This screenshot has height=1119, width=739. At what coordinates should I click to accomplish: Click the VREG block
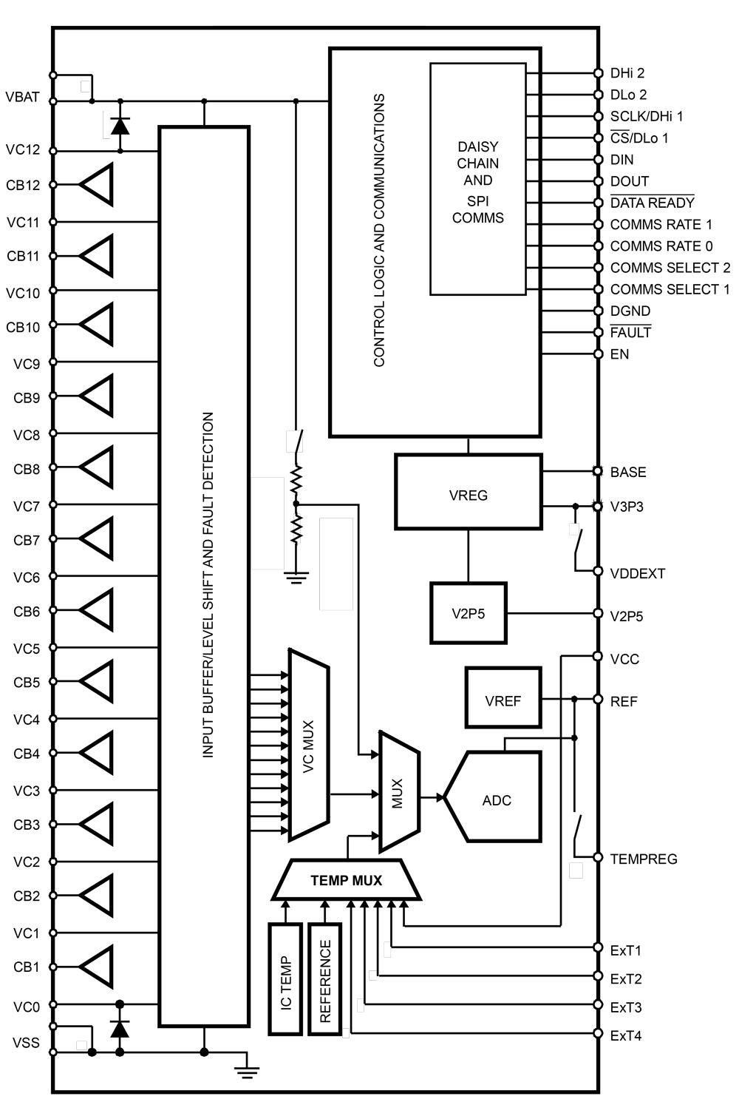tap(468, 495)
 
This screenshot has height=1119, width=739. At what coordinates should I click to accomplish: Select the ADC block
tap(497, 799)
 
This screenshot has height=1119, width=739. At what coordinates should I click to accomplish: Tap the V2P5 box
tap(469, 613)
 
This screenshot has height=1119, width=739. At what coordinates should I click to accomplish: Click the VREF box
tap(503, 700)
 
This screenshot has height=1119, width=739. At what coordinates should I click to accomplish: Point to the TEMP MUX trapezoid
tap(347, 880)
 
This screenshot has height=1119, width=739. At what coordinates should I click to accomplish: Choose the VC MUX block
tap(309, 746)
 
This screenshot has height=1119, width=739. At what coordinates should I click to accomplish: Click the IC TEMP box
tap(286, 978)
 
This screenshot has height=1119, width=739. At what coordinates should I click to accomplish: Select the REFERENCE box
tap(325, 978)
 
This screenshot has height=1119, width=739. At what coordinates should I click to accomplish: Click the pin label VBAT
tap(22, 97)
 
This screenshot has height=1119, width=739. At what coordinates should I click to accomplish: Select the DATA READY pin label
tap(652, 203)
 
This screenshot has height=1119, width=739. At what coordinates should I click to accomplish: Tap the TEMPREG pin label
tap(643, 859)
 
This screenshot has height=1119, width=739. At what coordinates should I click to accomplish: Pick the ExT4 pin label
tap(625, 1035)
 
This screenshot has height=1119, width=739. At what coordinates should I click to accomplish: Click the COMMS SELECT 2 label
tap(670, 268)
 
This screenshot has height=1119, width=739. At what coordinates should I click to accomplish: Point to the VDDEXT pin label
tap(637, 573)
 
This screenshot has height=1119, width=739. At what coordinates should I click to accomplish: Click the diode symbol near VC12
tap(120, 126)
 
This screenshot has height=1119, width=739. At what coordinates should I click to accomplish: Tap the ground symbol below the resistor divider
tap(296, 577)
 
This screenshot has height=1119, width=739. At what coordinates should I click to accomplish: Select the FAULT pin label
tap(630, 333)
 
